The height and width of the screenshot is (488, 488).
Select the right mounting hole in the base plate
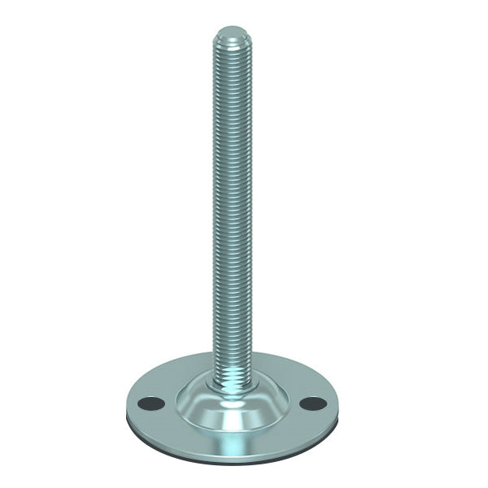pyautogui.click(x=312, y=403)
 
